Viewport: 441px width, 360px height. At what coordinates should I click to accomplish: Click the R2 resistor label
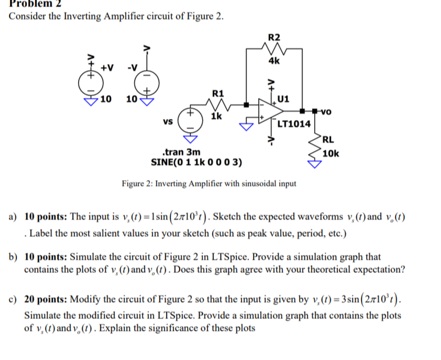(x=274, y=37)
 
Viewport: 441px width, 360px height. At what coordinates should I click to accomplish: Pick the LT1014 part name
(x=293, y=124)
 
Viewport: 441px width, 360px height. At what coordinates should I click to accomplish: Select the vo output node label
(x=325, y=111)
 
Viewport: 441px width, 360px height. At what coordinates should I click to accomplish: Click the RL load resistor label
(x=329, y=139)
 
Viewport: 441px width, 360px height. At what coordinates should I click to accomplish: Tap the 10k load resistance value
(x=331, y=153)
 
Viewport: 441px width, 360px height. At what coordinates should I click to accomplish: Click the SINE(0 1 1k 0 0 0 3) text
(x=196, y=162)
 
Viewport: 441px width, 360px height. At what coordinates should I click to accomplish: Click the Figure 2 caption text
(x=208, y=184)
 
